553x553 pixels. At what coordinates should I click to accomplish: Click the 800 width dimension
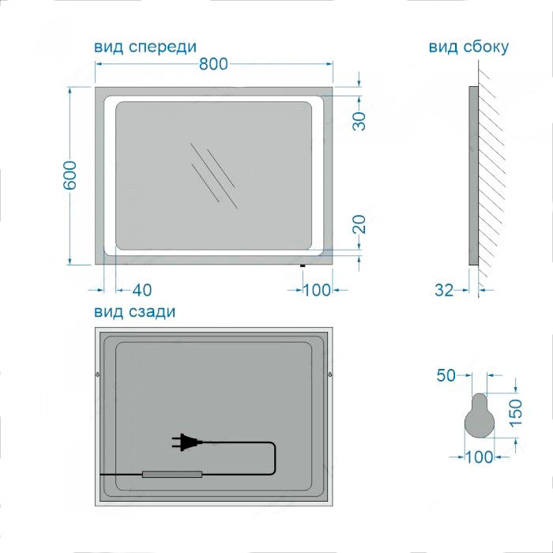pyautogui.click(x=214, y=64)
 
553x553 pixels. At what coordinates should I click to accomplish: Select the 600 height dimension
pyautogui.click(x=70, y=175)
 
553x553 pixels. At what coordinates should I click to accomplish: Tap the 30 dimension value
pyautogui.click(x=359, y=121)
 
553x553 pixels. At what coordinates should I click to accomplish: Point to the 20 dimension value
pyautogui.click(x=359, y=224)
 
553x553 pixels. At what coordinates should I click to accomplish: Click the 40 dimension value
pyautogui.click(x=142, y=290)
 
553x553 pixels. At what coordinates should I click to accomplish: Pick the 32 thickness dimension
pyautogui.click(x=444, y=290)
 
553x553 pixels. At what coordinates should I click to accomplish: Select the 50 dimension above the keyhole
pyautogui.click(x=446, y=375)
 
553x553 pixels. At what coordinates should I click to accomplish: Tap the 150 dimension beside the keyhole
pyautogui.click(x=515, y=412)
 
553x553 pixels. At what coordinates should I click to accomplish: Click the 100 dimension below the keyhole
pyautogui.click(x=480, y=457)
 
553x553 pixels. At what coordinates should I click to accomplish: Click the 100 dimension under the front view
pyautogui.click(x=317, y=290)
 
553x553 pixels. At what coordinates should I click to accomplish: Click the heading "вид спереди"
pyautogui.click(x=145, y=47)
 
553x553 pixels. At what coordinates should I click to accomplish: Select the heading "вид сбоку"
pyautogui.click(x=468, y=47)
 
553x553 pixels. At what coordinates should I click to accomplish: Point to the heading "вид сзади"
pyautogui.click(x=135, y=312)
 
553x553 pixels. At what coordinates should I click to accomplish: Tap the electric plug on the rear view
pyautogui.click(x=186, y=442)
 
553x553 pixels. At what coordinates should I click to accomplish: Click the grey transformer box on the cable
pyautogui.click(x=172, y=474)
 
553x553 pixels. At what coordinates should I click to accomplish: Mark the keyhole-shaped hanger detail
pyautogui.click(x=480, y=416)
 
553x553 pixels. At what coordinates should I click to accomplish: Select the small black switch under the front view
pyautogui.click(x=303, y=265)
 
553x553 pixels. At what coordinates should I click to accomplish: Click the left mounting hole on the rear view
pyautogui.click(x=98, y=374)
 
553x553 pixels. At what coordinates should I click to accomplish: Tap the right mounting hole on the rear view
pyautogui.click(x=330, y=374)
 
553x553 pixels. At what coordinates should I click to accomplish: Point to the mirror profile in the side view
pyautogui.click(x=474, y=175)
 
